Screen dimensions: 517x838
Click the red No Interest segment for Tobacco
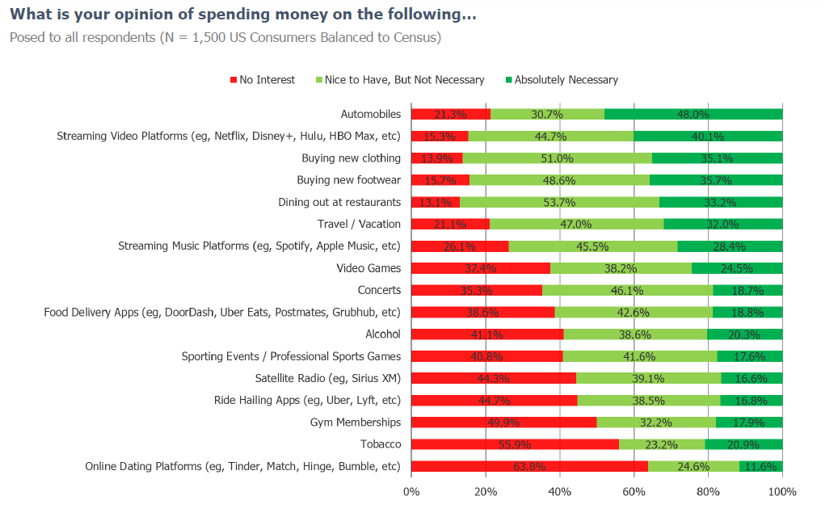click(x=515, y=444)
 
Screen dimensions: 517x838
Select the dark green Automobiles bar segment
click(x=693, y=114)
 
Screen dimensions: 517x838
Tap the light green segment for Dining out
click(x=559, y=202)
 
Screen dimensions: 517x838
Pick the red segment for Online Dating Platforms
click(x=529, y=466)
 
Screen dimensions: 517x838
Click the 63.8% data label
click(x=530, y=466)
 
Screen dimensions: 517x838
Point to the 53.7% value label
click(x=559, y=202)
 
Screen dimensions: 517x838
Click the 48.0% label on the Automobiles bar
click(x=693, y=114)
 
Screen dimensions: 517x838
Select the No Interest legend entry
click(x=263, y=80)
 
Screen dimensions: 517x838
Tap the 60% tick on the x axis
click(x=634, y=491)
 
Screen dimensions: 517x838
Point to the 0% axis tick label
click(x=411, y=491)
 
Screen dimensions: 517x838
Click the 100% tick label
click(x=782, y=491)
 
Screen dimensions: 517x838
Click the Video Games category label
click(x=368, y=268)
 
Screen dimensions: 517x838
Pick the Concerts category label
click(x=379, y=290)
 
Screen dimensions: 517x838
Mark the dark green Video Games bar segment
click(x=737, y=268)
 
